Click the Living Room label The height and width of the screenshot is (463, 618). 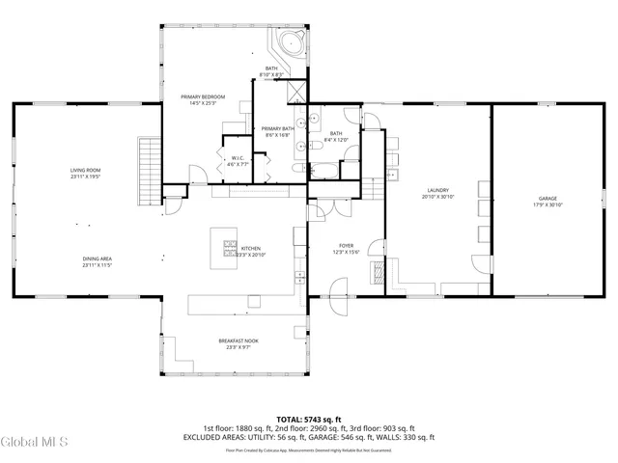tap(85, 170)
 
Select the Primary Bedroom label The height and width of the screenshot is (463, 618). tap(203, 97)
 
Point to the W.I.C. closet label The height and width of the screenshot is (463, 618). tap(238, 158)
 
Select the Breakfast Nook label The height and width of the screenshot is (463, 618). tap(238, 340)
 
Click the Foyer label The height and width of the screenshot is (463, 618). tap(346, 246)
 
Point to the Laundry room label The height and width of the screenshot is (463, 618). tap(437, 190)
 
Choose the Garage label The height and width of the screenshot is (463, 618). tap(547, 198)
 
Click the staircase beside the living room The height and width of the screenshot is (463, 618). tap(148, 172)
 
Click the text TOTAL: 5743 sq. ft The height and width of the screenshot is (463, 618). tap(308, 420)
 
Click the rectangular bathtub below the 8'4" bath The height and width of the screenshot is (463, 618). tap(326, 172)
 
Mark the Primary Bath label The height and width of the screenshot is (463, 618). tap(277, 129)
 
